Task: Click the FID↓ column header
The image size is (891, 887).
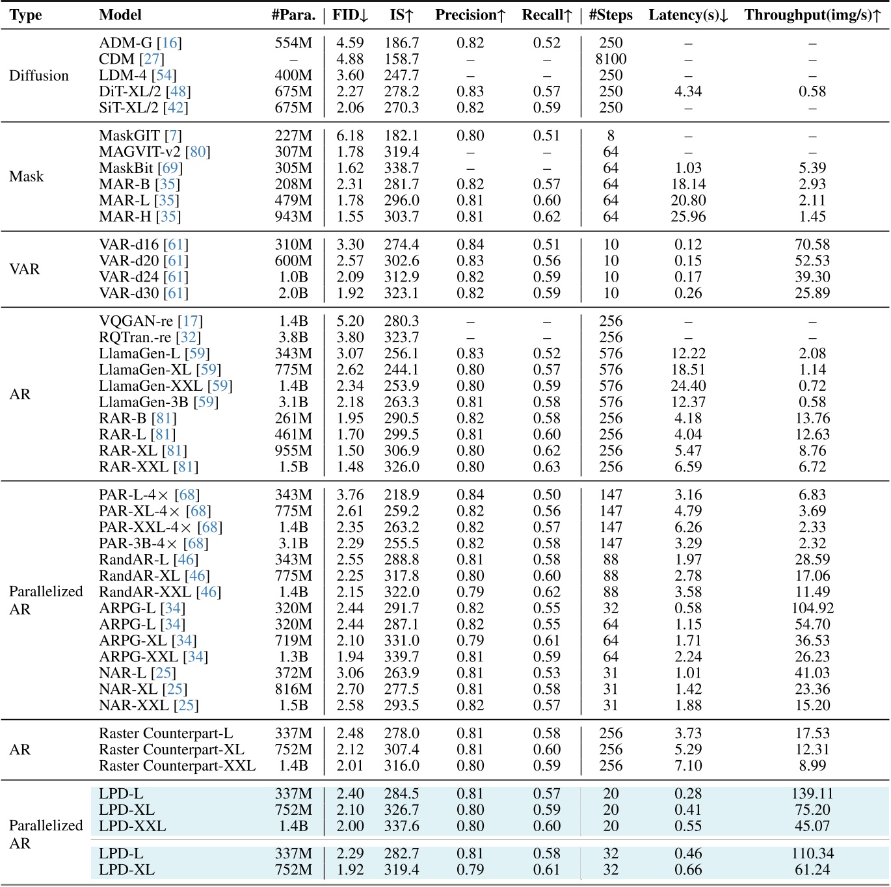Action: tap(350, 16)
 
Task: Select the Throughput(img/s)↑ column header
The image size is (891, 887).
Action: tap(812, 16)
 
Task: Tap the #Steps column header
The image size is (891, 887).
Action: tap(611, 16)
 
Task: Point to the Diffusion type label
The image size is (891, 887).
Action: tap(39, 75)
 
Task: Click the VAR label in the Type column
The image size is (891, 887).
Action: tap(25, 269)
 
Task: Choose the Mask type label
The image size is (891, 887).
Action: tap(27, 176)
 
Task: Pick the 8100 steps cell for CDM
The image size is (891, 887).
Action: tap(611, 59)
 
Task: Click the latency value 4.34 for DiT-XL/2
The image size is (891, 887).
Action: tap(688, 92)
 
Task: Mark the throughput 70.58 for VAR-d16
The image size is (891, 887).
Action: tap(812, 245)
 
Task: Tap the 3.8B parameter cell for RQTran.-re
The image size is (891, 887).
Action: tap(293, 338)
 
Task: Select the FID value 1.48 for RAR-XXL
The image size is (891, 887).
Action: tap(350, 467)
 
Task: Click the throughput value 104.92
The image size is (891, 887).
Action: tap(812, 608)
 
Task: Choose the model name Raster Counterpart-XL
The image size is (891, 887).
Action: tap(172, 750)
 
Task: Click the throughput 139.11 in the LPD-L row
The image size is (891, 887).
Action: tap(812, 794)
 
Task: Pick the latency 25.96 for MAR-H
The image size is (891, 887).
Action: tap(688, 217)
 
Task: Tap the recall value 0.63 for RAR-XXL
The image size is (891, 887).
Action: tap(546, 467)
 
